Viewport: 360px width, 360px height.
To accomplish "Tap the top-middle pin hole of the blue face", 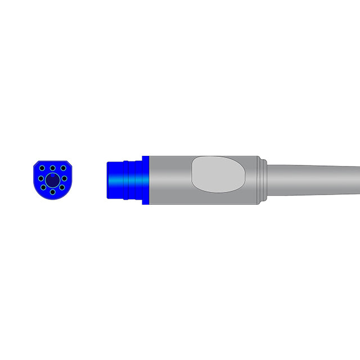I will click(52, 167).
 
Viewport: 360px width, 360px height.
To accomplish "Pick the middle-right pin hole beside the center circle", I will click(64, 179).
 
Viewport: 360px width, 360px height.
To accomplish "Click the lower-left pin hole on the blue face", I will click(44, 188).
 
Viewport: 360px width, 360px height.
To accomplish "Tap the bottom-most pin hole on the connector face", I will click(52, 192).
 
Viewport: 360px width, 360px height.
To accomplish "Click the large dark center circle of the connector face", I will click(52, 179).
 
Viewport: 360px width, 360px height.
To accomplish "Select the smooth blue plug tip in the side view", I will click(115, 180).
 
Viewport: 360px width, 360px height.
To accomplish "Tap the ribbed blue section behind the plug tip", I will click(134, 180).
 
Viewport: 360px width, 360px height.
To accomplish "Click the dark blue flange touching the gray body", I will click(146, 180).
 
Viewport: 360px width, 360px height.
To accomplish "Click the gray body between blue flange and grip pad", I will click(169, 180).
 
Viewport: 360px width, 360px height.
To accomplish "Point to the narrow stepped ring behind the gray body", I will click(262, 180).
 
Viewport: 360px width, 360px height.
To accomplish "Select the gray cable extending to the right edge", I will click(315, 180).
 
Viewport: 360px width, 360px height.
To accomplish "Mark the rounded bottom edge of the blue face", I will click(52, 199).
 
